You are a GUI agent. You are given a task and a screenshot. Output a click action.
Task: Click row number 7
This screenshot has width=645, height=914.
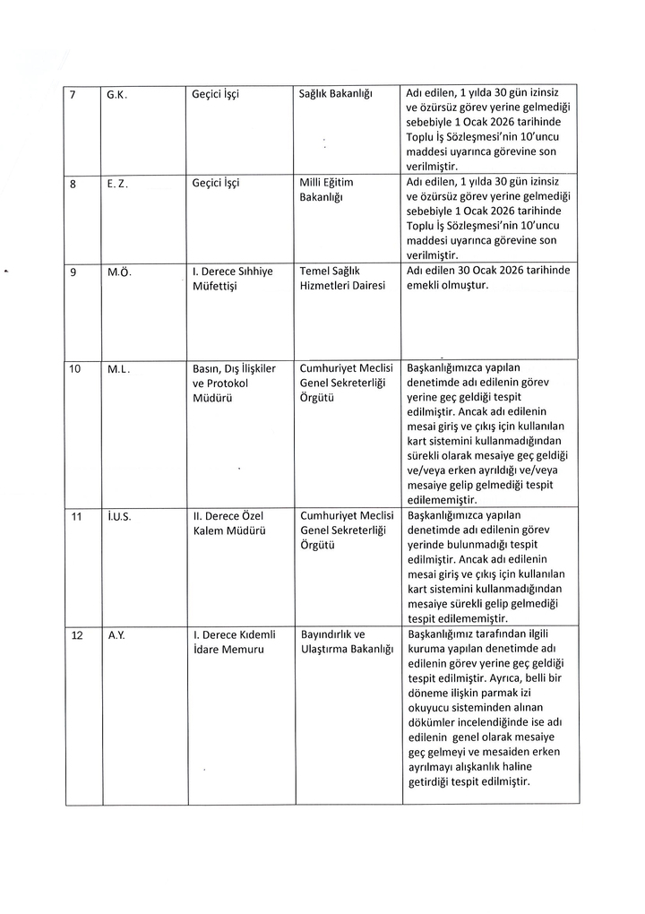pyautogui.click(x=73, y=93)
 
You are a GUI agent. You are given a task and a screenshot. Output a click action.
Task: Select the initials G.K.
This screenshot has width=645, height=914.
pyautogui.click(x=116, y=93)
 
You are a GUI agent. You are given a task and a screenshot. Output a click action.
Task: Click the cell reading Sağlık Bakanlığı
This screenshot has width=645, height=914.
pyautogui.click(x=335, y=93)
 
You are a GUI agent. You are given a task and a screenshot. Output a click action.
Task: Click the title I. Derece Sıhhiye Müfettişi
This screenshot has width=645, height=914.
pyautogui.click(x=233, y=279)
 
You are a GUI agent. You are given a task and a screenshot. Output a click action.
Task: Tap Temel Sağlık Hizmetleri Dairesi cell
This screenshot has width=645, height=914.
pyautogui.click(x=342, y=279)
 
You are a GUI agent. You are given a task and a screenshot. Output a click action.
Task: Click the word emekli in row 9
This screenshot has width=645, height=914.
pyautogui.click(x=426, y=286)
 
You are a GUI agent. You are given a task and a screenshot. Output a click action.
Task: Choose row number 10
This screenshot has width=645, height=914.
pyautogui.click(x=75, y=368)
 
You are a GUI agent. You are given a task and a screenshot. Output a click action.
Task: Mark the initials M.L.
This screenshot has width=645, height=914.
pyautogui.click(x=119, y=368)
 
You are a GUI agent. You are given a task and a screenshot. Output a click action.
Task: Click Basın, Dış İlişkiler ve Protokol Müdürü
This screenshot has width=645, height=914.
pyautogui.click(x=234, y=384)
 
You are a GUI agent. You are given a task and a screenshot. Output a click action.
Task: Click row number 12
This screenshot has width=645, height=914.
pyautogui.click(x=76, y=635)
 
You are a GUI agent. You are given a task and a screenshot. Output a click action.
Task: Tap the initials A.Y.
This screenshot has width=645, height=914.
pyautogui.click(x=116, y=635)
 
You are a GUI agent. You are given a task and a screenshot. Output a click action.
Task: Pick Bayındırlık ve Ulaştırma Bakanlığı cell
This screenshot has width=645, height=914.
pyautogui.click(x=347, y=642)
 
